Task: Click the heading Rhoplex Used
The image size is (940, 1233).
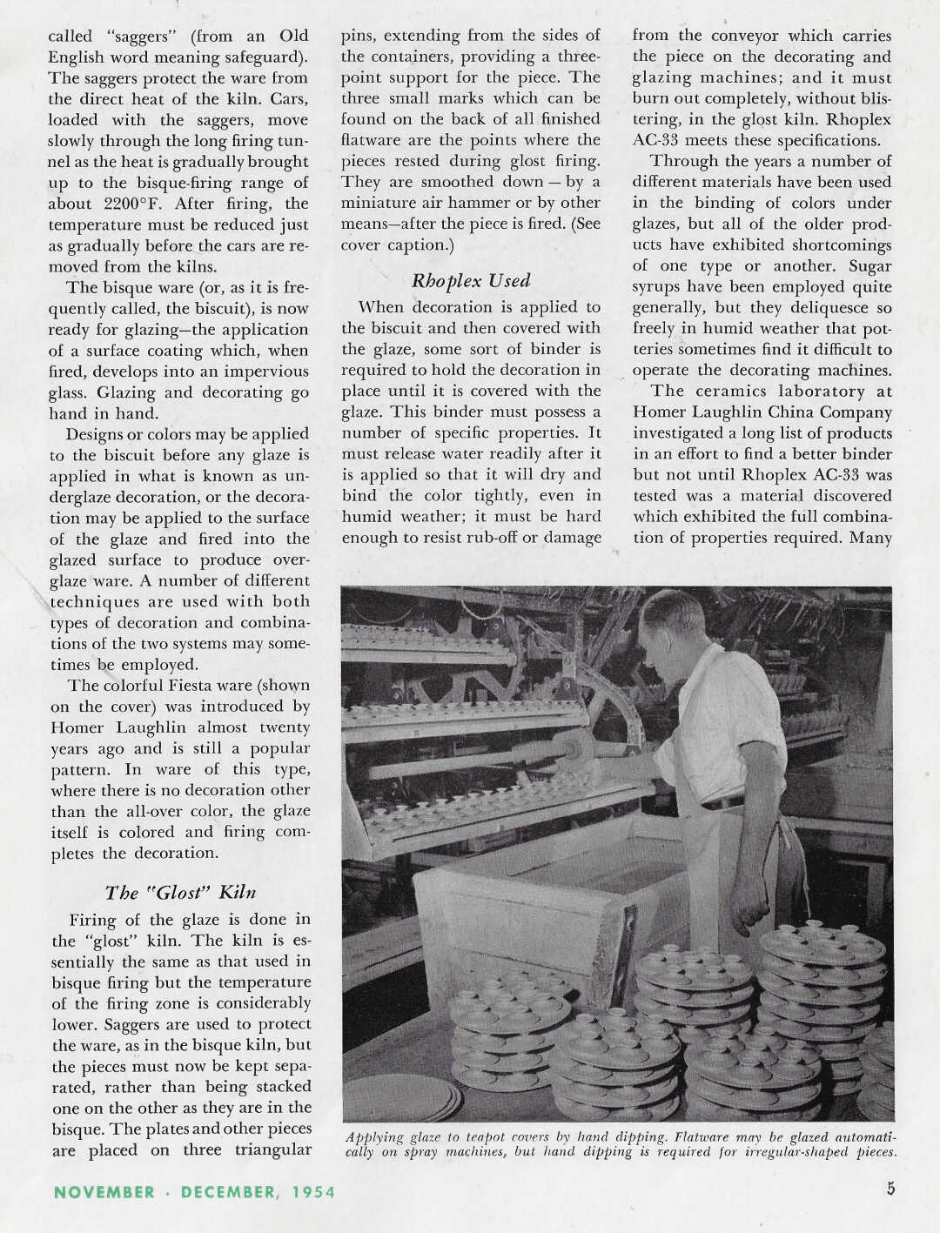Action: click(x=470, y=281)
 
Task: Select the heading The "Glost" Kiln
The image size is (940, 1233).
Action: click(x=180, y=893)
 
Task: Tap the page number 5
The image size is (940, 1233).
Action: click(x=890, y=1189)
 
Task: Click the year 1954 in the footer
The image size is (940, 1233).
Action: click(x=313, y=1192)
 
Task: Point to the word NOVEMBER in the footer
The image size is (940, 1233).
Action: click(x=104, y=1192)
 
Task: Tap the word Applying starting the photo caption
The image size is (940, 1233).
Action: click(x=376, y=1137)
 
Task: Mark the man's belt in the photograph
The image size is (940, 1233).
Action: click(x=722, y=802)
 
